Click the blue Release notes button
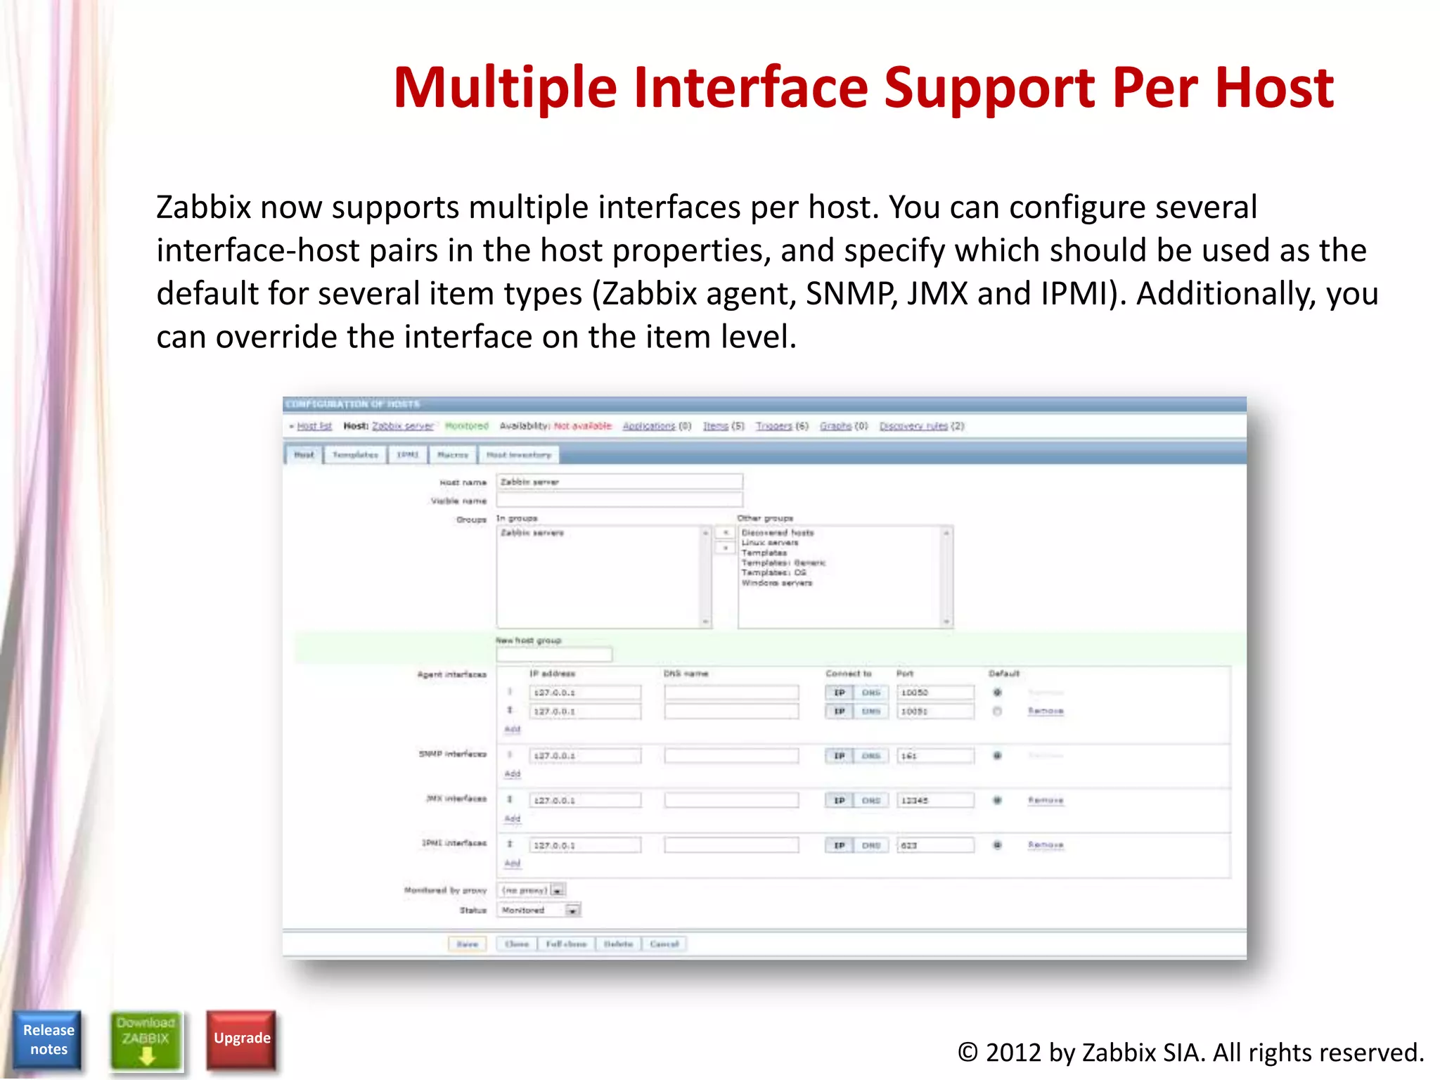tap(48, 1039)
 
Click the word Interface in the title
tap(752, 88)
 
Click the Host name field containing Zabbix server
tap(619, 482)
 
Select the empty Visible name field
tap(619, 500)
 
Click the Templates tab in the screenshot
tap(355, 455)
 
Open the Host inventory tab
tap(519, 455)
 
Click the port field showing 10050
tap(934, 693)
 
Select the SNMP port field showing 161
tap(934, 756)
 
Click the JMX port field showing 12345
tap(934, 800)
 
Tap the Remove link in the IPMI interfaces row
tap(1046, 844)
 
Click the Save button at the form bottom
tap(467, 944)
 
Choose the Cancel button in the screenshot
tap(664, 944)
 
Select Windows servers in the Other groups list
tap(776, 583)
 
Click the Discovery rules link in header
tap(913, 426)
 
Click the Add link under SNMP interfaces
tap(513, 773)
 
